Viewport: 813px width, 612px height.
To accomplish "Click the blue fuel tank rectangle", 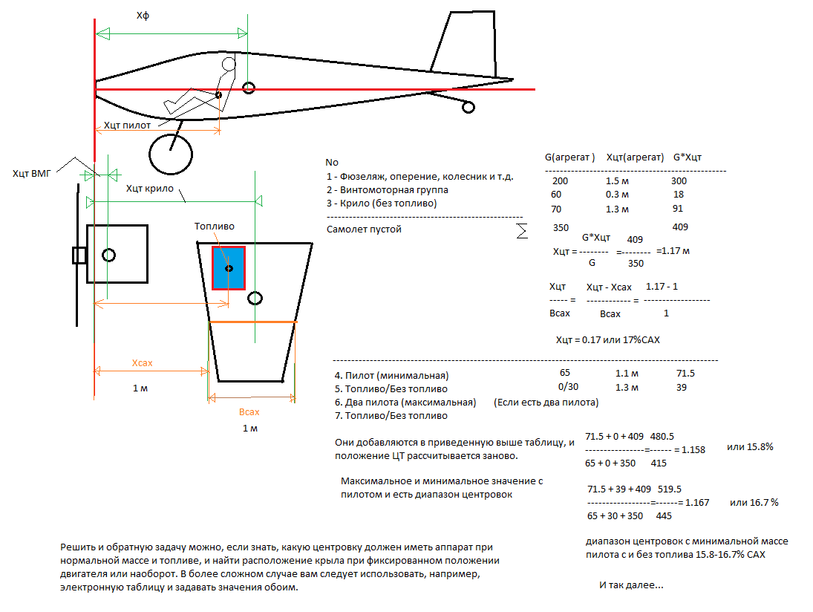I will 229,267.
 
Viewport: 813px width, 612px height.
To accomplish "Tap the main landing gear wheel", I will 172,154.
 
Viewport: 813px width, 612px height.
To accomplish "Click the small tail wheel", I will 468,108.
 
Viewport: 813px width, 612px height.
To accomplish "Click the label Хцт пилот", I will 127,126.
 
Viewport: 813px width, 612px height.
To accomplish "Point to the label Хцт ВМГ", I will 30,174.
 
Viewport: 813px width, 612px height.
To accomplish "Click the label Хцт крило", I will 150,188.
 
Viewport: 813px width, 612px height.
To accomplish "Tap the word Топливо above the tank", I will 214,227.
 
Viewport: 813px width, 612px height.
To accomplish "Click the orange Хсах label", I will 142,363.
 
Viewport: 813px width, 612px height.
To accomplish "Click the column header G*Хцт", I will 687,157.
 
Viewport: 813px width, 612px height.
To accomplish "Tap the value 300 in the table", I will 679,180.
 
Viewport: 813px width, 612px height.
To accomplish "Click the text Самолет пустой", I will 364,229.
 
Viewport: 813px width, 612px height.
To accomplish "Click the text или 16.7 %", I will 753,503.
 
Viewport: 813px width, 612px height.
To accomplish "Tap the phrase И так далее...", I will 631,585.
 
